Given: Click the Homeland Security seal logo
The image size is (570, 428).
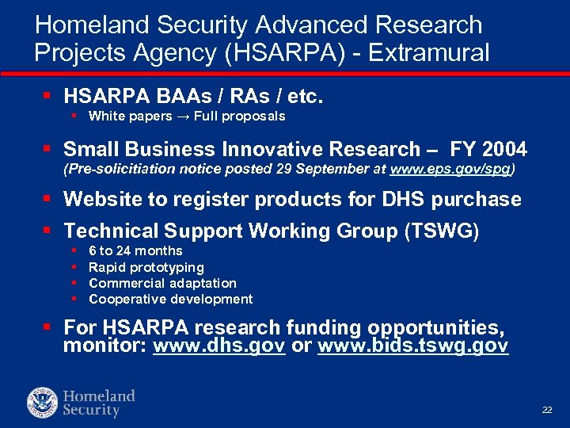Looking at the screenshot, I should pyautogui.click(x=42, y=402).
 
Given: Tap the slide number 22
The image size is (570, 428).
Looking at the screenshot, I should pyautogui.click(x=546, y=409).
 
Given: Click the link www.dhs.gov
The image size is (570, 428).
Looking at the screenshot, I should pyautogui.click(x=218, y=346).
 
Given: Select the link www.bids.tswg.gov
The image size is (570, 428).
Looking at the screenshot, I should pyautogui.click(x=412, y=346).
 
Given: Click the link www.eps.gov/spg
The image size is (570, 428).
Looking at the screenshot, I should pyautogui.click(x=456, y=169).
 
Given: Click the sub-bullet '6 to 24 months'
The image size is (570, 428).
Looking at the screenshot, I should pyautogui.click(x=135, y=251).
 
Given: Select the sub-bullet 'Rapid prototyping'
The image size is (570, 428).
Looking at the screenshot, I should pyautogui.click(x=146, y=267).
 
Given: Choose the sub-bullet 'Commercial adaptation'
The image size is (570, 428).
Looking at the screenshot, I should pyautogui.click(x=162, y=283).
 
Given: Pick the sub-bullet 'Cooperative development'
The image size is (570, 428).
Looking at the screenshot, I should pyautogui.click(x=171, y=299).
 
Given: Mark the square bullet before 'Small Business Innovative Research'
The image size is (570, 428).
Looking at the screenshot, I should pyautogui.click(x=47, y=147).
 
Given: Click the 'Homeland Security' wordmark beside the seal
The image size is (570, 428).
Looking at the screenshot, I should pyautogui.click(x=99, y=403).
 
